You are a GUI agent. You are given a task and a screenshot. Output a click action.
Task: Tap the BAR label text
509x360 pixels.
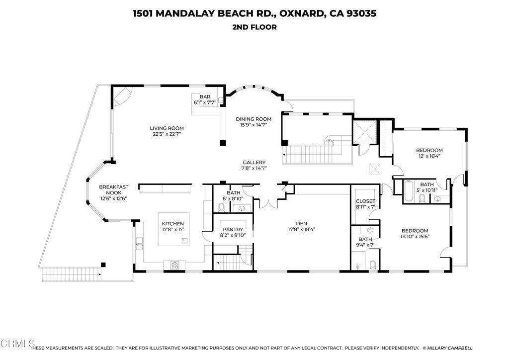coord(204,97)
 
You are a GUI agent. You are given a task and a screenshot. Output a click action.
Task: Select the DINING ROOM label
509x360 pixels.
coord(254,119)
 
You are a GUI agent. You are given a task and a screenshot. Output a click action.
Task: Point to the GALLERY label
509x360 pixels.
coord(254,163)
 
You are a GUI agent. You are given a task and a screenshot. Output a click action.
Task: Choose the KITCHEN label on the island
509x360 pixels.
coord(172,224)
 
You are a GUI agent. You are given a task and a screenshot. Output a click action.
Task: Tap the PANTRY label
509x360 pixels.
coord(233,229)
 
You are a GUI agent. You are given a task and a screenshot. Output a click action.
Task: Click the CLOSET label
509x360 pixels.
coord(365,201)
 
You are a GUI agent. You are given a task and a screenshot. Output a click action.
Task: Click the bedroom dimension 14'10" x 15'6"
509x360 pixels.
coord(415,237)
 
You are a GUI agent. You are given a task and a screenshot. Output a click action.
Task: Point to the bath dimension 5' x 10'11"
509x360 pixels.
coord(427,190)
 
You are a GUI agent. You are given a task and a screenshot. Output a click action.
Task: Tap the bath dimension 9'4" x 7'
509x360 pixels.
coord(365,245)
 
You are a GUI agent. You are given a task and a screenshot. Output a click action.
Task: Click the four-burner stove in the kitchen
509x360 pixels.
coord(175,265)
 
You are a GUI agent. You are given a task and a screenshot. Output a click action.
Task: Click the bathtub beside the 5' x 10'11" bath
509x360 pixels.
coord(409,192)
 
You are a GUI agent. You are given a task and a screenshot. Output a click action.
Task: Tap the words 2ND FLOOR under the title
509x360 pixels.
coord(254,27)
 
